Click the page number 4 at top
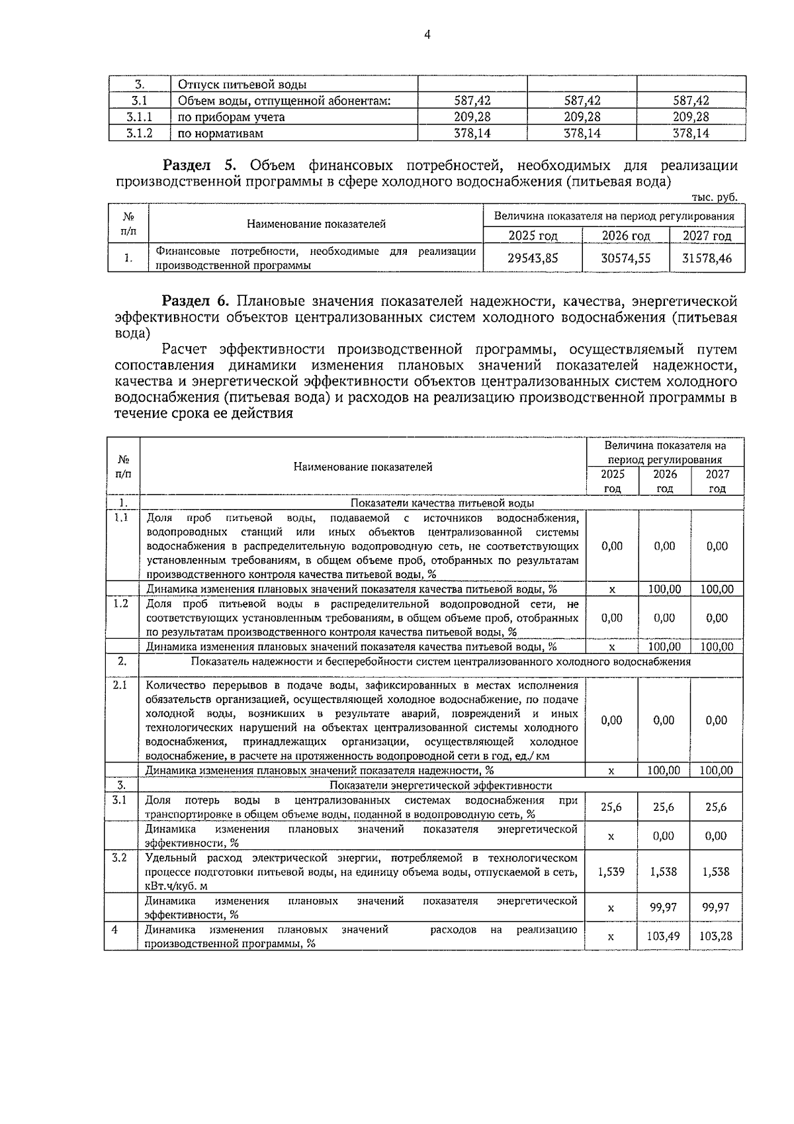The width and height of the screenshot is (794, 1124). [427, 34]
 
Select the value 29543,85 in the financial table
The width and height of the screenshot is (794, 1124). [533, 258]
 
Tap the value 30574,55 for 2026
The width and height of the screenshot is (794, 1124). [625, 258]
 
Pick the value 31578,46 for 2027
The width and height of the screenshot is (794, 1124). [707, 258]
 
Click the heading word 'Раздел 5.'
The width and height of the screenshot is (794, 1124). [204, 165]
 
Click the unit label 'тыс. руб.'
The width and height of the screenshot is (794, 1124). [713, 197]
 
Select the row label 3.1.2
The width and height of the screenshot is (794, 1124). [140, 133]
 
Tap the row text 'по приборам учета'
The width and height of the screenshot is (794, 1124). [232, 117]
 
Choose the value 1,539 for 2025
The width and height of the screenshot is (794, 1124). [611, 872]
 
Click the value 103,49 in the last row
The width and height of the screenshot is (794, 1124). [664, 936]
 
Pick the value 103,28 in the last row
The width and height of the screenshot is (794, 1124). [716, 936]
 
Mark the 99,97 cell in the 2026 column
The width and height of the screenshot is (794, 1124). [664, 907]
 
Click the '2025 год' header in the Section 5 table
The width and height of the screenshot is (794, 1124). [533, 236]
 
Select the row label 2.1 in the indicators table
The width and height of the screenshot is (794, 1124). [120, 685]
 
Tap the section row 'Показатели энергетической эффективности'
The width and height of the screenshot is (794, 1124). [440, 786]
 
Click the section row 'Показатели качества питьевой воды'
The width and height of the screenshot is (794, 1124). [442, 503]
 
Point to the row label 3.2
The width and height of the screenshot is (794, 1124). [120, 858]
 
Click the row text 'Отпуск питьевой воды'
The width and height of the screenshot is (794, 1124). [242, 85]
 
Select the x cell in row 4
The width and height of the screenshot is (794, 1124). [611, 937]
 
